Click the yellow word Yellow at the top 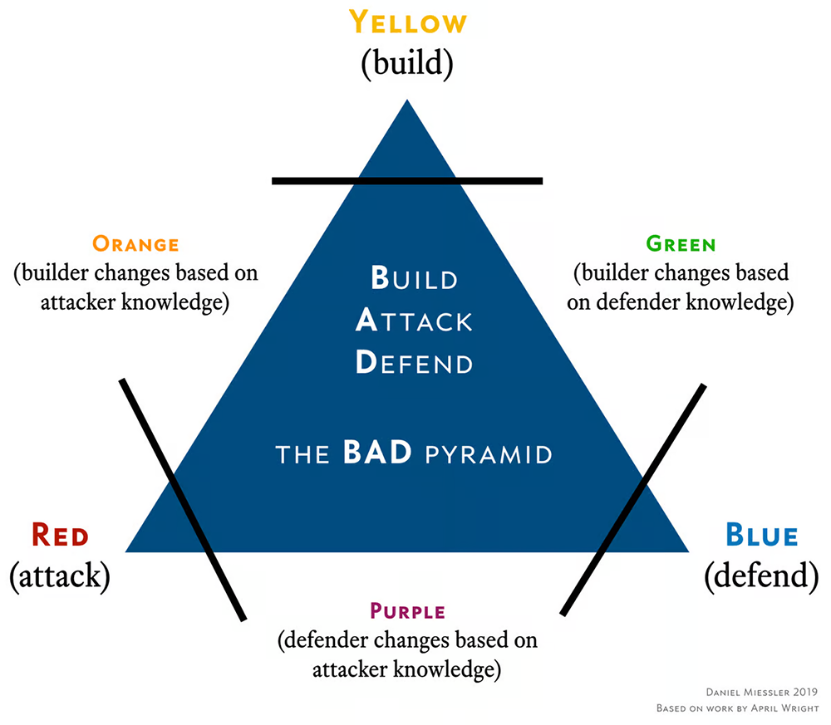[406, 22]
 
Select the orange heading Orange [135, 244]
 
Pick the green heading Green [680, 244]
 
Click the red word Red [60, 535]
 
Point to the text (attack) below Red [60, 576]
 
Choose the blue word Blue [761, 535]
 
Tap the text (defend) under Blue [761, 576]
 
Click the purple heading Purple [407, 613]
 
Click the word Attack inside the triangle [414, 321]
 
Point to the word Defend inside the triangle [414, 364]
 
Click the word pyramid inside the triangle [488, 455]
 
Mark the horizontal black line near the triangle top [407, 180]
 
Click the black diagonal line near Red [183, 498]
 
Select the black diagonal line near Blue [634, 498]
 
